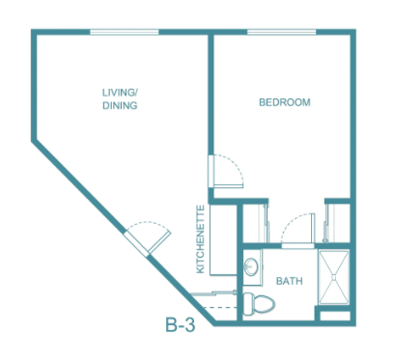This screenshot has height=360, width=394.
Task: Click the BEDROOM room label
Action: (x=285, y=102)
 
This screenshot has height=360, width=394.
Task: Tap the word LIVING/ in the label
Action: (x=120, y=93)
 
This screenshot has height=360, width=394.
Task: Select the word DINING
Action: (x=120, y=105)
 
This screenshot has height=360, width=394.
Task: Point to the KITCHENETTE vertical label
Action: (x=201, y=239)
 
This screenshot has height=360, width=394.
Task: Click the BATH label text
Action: (x=290, y=281)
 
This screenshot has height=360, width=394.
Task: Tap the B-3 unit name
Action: (x=181, y=325)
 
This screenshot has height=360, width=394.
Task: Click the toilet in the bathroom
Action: (x=259, y=304)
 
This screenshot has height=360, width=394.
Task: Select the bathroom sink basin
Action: (x=251, y=266)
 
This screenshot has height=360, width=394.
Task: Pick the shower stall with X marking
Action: (x=333, y=277)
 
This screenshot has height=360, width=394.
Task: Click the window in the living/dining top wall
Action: (x=125, y=32)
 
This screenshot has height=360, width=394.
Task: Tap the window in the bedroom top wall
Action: (x=282, y=32)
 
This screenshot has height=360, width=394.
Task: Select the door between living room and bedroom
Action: (x=225, y=171)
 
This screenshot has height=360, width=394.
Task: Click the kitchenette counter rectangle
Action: (x=223, y=239)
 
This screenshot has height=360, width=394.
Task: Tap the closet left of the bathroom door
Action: (x=256, y=223)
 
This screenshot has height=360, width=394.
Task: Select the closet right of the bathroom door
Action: (x=337, y=223)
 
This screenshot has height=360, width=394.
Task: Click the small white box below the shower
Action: (x=335, y=316)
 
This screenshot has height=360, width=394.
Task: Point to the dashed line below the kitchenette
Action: (x=220, y=308)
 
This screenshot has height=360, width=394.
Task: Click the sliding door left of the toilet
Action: (x=213, y=293)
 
